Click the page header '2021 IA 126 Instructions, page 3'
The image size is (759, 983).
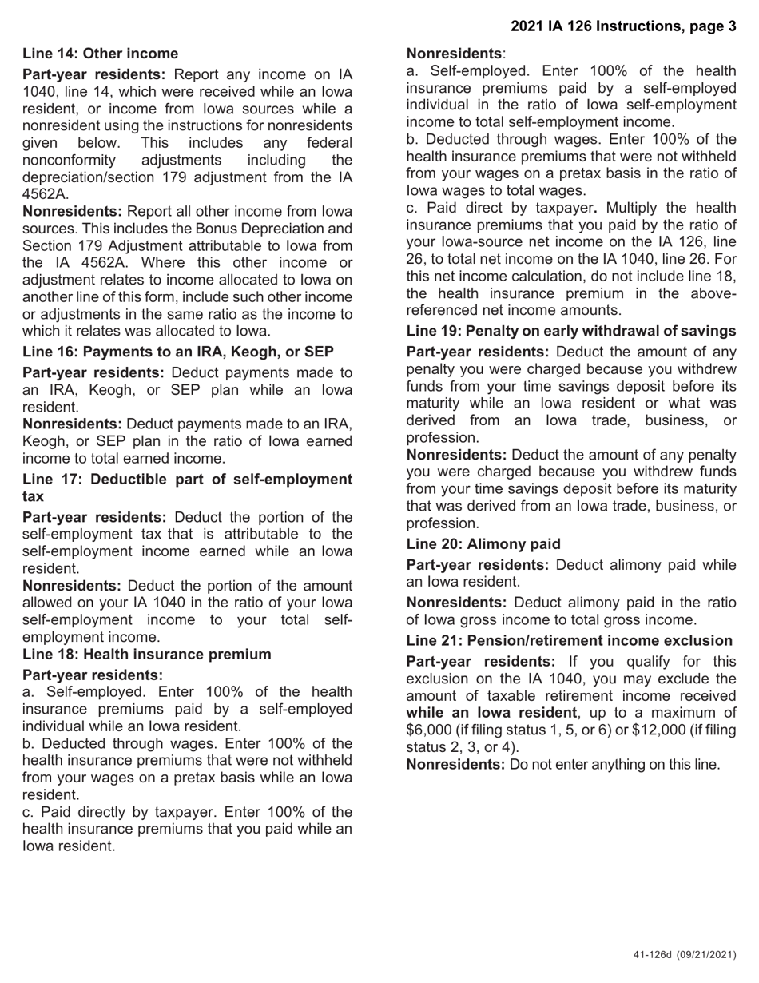tap(623, 26)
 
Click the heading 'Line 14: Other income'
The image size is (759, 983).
tap(100, 54)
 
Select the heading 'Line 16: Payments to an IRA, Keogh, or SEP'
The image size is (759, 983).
tap(177, 352)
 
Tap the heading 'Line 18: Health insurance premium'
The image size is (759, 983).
tap(146, 655)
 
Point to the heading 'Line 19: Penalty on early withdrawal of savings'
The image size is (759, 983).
tap(570, 331)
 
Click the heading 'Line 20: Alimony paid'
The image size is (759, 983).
tap(483, 544)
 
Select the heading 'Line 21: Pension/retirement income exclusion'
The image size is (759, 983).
tap(569, 641)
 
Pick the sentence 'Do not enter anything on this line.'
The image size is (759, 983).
tap(614, 765)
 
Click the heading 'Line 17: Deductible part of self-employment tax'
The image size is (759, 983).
tap(186, 487)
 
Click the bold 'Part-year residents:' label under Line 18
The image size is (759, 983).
tap(92, 675)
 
